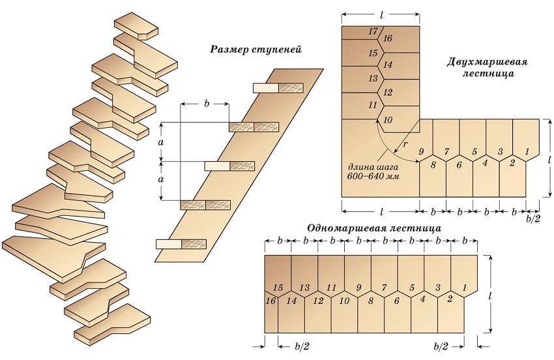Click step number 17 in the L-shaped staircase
(372, 31)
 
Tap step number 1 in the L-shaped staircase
(527, 152)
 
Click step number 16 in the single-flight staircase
(271, 301)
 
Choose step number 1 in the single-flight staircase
(464, 288)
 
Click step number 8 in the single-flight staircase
(370, 301)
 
